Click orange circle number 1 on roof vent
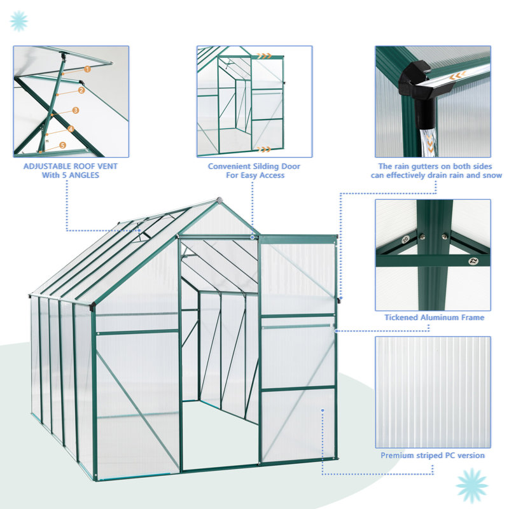click(x=88, y=69)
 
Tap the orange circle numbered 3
click(x=76, y=110)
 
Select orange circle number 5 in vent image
click(x=62, y=145)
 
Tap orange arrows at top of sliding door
click(x=272, y=56)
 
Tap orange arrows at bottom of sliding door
click(x=263, y=149)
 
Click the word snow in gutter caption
click(x=492, y=176)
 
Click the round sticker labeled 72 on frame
click(x=472, y=260)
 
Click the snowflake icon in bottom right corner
click(x=472, y=486)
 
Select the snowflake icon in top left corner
click(x=18, y=20)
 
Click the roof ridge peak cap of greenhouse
click(x=218, y=200)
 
